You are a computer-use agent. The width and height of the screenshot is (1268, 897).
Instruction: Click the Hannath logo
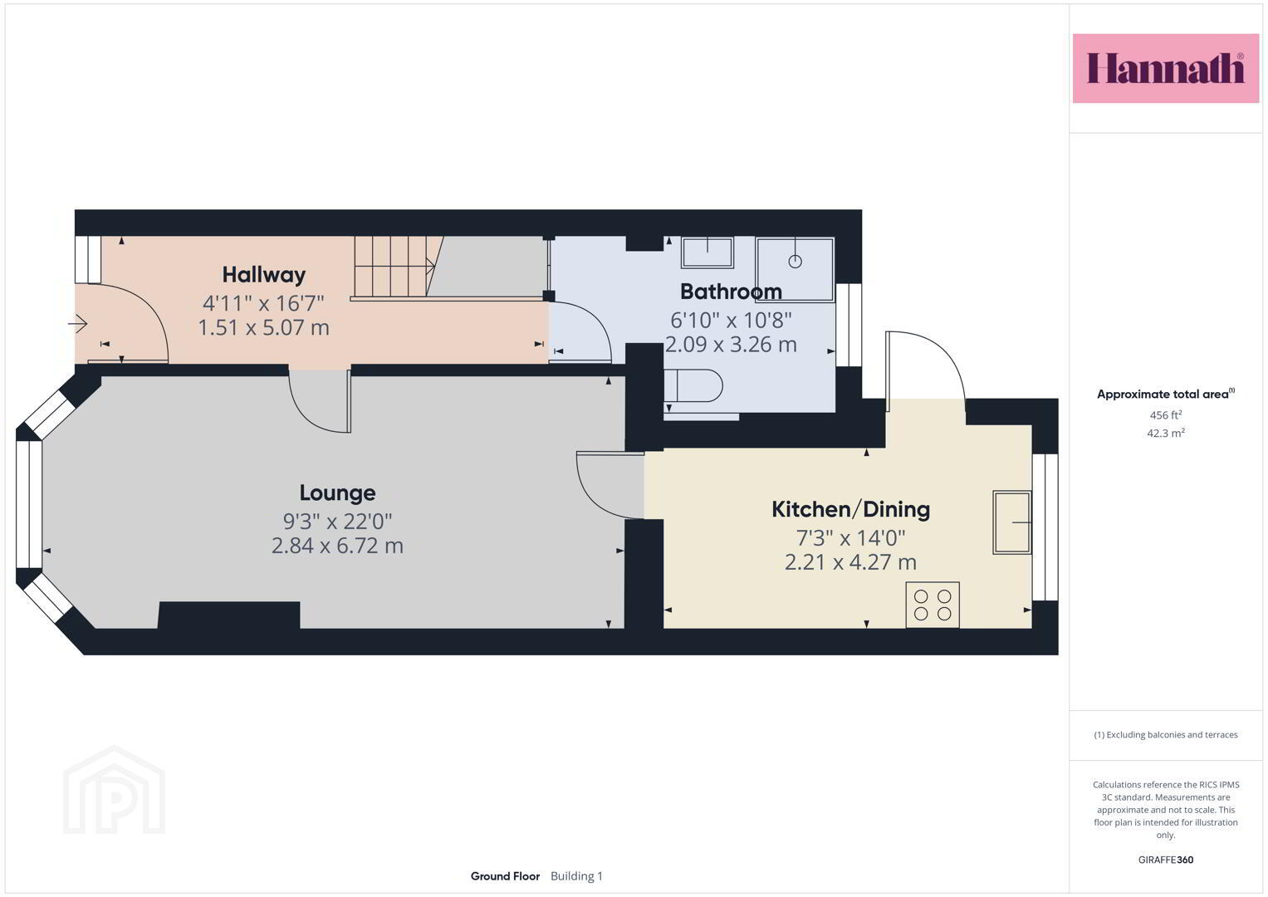(x=1166, y=68)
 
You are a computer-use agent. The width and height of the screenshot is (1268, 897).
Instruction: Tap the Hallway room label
(x=264, y=275)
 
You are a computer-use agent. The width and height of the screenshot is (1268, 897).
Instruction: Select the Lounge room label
(x=337, y=493)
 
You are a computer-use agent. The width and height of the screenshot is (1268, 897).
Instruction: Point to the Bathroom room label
(x=731, y=292)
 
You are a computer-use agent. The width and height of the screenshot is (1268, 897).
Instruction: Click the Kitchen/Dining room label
(x=851, y=510)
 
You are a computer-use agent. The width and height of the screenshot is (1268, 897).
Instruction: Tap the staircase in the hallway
(x=396, y=266)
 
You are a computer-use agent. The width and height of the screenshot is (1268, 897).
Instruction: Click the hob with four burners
(x=933, y=605)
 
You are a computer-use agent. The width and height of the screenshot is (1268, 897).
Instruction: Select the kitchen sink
(x=1011, y=522)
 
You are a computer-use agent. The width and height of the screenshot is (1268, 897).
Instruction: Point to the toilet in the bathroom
(x=693, y=385)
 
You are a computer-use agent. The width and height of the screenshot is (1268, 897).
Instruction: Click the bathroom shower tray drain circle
(x=796, y=262)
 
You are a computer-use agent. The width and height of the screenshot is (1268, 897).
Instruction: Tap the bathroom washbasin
(x=707, y=252)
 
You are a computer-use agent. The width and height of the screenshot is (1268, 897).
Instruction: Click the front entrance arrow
(x=77, y=324)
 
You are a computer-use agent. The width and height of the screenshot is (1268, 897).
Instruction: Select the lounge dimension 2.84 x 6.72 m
(x=337, y=546)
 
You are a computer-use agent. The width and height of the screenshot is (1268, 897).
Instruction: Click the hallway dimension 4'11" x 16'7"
(x=263, y=303)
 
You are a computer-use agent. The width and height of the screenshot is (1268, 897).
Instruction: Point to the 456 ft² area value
(x=1166, y=414)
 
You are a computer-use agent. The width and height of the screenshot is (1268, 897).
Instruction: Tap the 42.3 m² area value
(x=1166, y=434)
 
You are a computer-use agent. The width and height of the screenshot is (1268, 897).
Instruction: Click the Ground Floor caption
(x=505, y=876)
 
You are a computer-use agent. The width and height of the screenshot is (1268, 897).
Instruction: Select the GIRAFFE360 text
(x=1166, y=860)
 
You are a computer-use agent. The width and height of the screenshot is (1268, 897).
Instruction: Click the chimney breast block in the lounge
(x=228, y=615)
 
